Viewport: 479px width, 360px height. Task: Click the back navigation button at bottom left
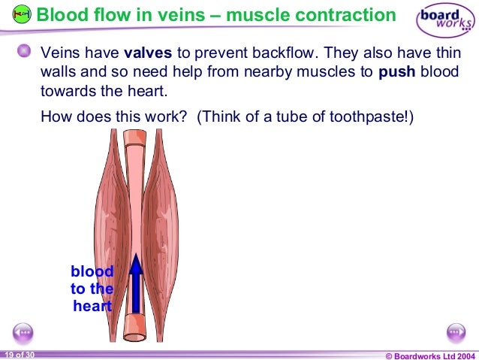pos(23,331)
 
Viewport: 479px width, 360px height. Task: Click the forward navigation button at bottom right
pos(456,331)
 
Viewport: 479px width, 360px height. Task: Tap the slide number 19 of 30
pos(19,354)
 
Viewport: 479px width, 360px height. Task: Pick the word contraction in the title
pos(341,15)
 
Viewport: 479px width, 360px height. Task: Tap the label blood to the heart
pos(92,289)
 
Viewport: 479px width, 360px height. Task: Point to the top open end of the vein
pos(135,138)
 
